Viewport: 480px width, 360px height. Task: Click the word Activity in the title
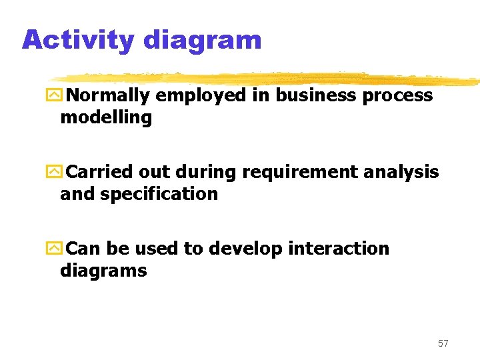[78, 40]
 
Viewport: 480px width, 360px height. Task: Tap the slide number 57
[443, 343]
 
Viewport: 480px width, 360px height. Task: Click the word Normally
[109, 96]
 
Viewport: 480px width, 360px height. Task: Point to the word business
[316, 95]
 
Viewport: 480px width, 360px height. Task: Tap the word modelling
[106, 119]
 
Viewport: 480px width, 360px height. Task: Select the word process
[397, 96]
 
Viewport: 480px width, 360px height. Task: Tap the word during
[207, 172]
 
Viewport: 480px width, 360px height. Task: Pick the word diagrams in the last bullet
[103, 271]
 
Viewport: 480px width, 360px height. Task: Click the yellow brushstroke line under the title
[267, 79]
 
